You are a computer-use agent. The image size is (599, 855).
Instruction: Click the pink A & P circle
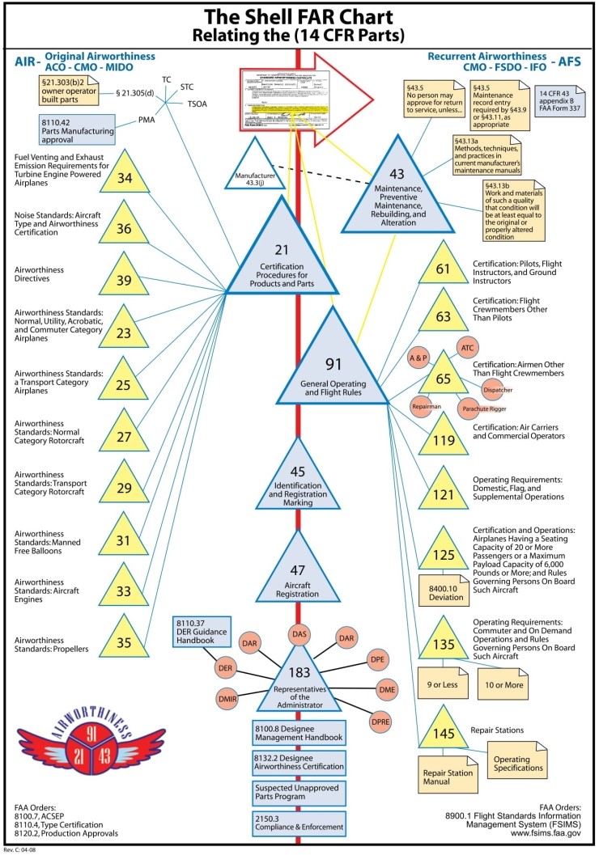(x=418, y=357)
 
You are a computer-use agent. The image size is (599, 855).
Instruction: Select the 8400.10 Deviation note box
(x=444, y=591)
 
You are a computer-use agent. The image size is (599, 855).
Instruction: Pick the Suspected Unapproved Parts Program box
(x=299, y=792)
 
